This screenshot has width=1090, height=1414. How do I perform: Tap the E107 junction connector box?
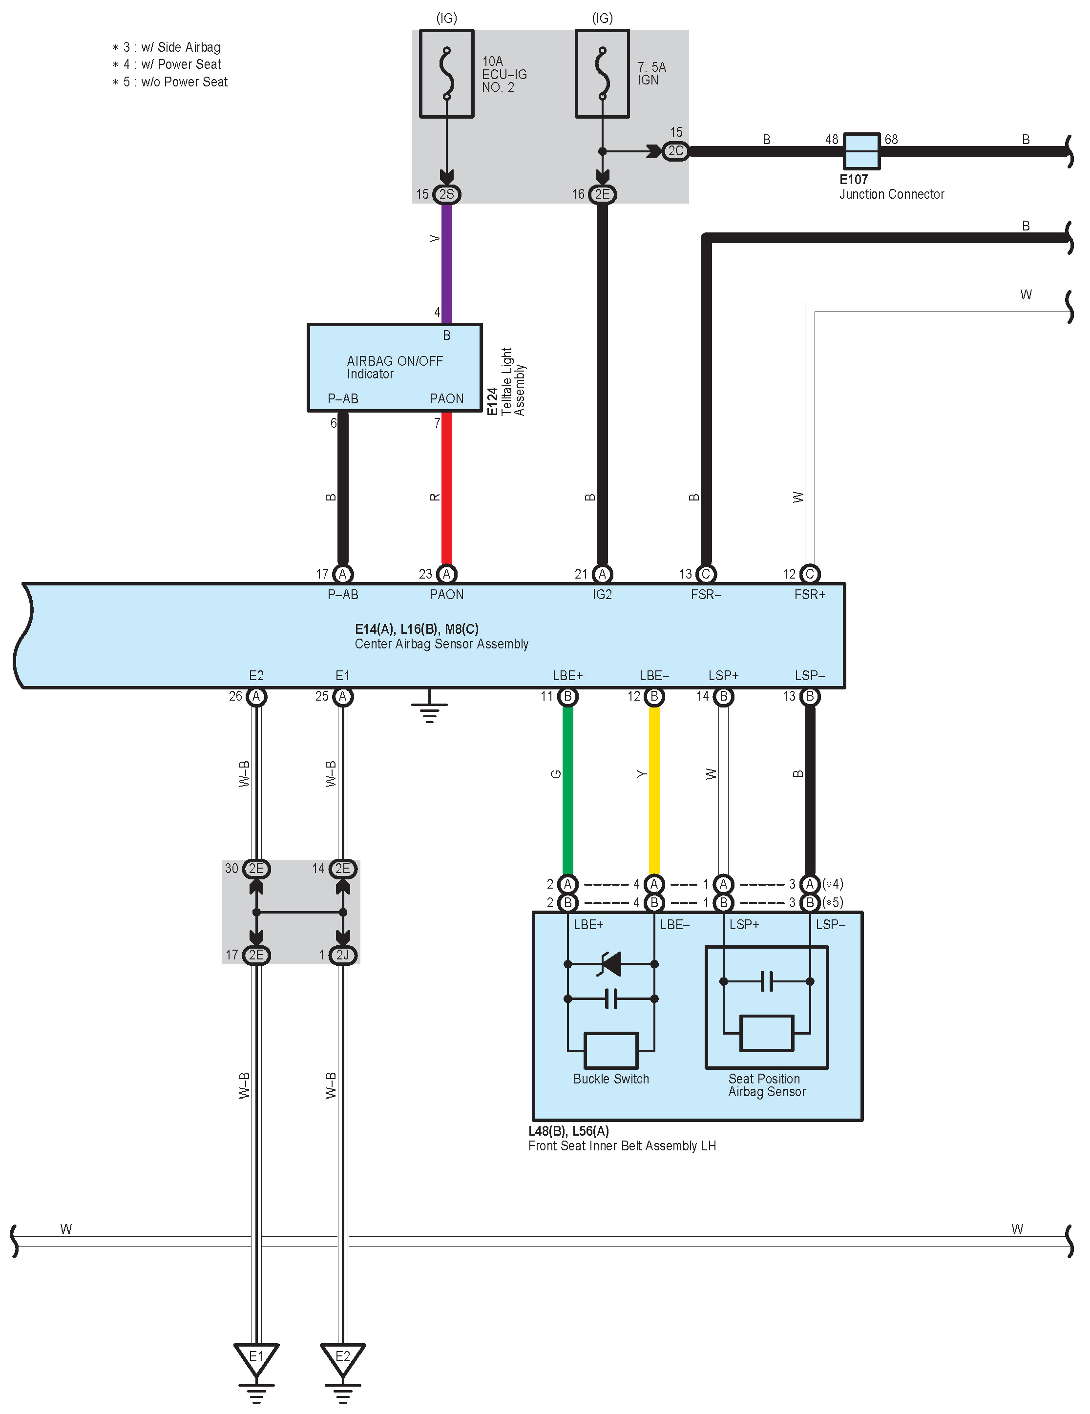click(861, 151)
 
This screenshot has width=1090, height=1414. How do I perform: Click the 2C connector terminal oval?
click(675, 151)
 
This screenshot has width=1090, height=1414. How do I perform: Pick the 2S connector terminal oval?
click(446, 194)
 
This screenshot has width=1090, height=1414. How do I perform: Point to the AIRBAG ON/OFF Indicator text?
click(395, 367)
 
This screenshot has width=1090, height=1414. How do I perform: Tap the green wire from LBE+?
click(567, 790)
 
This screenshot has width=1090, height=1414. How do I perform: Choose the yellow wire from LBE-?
click(654, 790)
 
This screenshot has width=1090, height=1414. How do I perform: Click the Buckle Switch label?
click(611, 1079)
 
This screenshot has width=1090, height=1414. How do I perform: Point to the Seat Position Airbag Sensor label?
click(766, 1085)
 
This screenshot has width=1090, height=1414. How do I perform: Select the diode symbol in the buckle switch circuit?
click(611, 963)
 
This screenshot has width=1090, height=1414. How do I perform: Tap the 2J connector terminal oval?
click(343, 955)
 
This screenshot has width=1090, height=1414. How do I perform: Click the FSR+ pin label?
click(810, 594)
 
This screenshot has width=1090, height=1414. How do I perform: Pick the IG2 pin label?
click(602, 594)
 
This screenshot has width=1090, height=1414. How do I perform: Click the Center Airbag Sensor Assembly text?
click(441, 644)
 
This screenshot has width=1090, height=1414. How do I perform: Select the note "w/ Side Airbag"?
click(180, 47)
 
